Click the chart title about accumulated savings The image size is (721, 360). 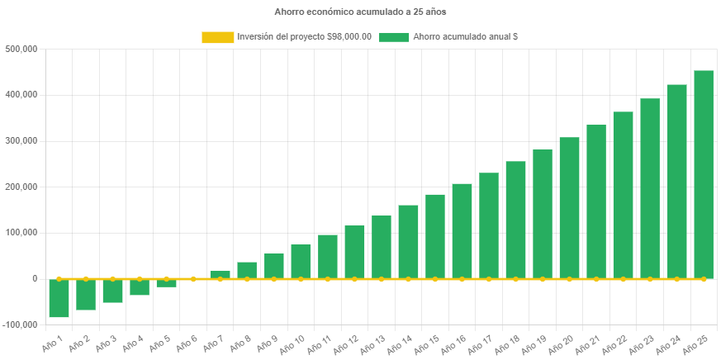click(360, 12)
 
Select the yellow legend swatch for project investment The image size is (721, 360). click(217, 37)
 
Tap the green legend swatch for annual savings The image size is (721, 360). click(394, 37)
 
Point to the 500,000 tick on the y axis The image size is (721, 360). click(22, 49)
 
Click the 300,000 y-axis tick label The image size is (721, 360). click(22, 141)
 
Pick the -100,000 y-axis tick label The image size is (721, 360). click(21, 324)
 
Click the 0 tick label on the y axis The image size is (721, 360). click(35, 279)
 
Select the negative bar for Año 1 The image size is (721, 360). click(59, 298)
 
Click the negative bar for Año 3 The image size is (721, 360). click(112, 291)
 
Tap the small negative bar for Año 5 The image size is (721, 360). click(166, 283)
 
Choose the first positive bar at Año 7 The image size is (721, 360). click(220, 275)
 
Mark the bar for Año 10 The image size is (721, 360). click(301, 262)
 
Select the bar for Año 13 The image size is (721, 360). click(381, 247)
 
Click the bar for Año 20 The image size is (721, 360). click(569, 208)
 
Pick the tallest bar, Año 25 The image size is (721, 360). click(704, 174)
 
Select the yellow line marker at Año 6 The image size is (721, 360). click(193, 279)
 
